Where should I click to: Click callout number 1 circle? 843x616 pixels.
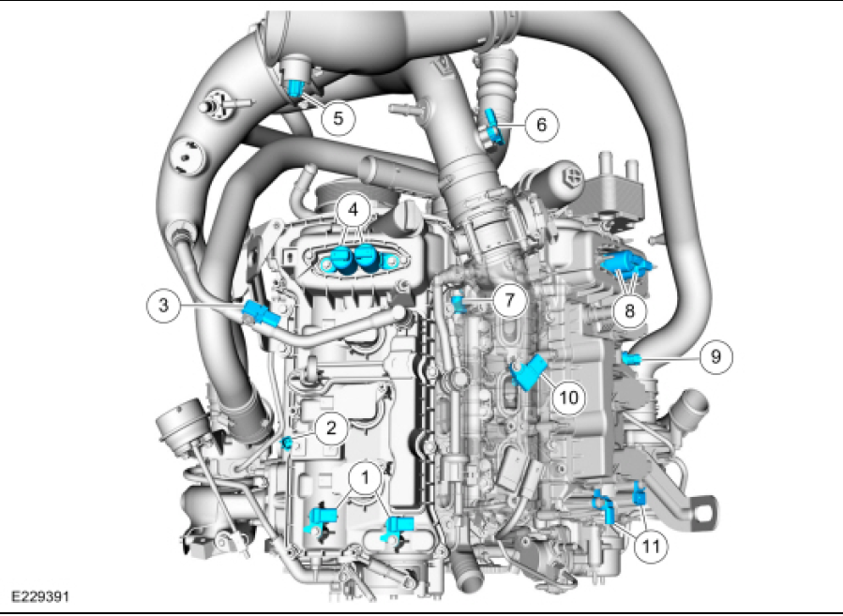coord(363,477)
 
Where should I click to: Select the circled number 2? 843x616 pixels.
coord(328,428)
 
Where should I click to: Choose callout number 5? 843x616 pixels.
coord(338,118)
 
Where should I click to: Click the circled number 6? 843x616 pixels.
coord(541,124)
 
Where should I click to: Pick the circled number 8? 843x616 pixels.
coord(628,309)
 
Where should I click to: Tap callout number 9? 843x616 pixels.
coord(715,356)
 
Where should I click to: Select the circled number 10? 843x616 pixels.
coord(567,397)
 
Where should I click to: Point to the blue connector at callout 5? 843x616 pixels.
coord(296,89)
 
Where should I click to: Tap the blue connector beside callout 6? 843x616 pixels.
coord(492,124)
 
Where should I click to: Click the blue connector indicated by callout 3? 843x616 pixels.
coord(259,314)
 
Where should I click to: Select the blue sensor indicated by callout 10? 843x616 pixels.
coord(528,372)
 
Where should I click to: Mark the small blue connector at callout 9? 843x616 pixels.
coord(632,359)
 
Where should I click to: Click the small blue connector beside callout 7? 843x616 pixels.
coord(458,302)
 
